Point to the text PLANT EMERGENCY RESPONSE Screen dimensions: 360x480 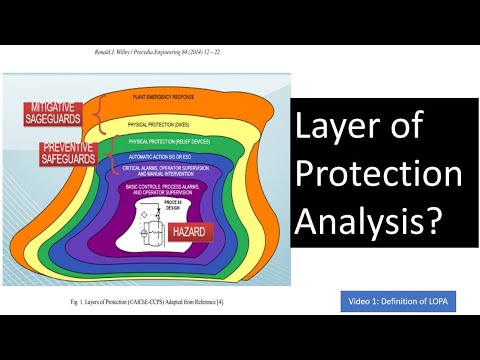coord(170,98)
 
